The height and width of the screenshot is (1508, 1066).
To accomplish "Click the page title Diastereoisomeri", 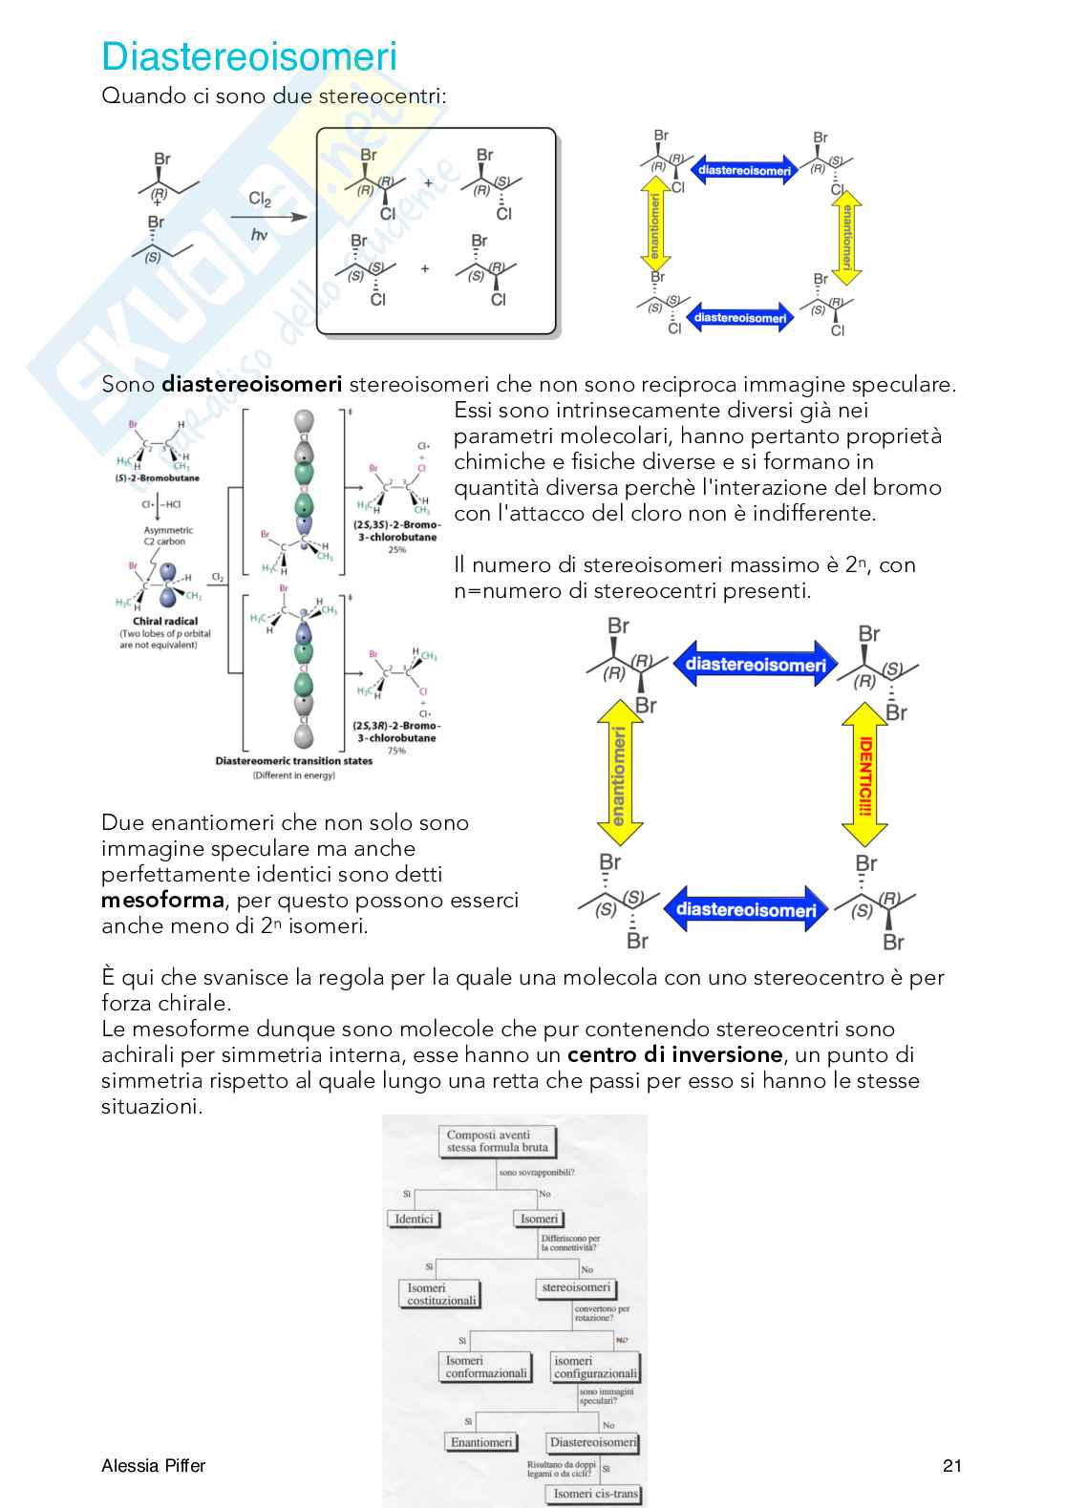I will pyautogui.click(x=249, y=57).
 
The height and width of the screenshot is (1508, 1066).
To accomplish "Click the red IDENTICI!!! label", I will pyautogui.click(x=865, y=775).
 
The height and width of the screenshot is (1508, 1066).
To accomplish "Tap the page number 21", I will pyautogui.click(x=951, y=1466).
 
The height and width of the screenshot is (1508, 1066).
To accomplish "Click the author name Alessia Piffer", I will pyautogui.click(x=154, y=1466).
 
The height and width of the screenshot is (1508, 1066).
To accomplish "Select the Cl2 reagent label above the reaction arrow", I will pyautogui.click(x=260, y=199).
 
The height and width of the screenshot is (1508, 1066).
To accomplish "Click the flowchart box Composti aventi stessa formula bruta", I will pyautogui.click(x=497, y=1141).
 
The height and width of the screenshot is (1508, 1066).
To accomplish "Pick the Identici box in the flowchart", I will pyautogui.click(x=414, y=1219).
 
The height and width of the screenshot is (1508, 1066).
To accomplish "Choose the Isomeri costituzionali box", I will pyautogui.click(x=440, y=1294).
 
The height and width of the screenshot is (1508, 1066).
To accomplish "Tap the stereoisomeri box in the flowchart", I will pyautogui.click(x=576, y=1287).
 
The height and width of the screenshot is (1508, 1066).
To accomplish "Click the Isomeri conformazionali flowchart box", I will pyautogui.click(x=485, y=1367).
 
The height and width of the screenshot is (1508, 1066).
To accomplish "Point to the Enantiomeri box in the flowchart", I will pyautogui.click(x=481, y=1442).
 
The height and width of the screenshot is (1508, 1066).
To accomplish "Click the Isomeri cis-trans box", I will pyautogui.click(x=595, y=1494).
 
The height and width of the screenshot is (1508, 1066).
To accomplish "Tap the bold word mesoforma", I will pyautogui.click(x=162, y=901).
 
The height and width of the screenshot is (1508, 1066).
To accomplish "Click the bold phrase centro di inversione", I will pyautogui.click(x=674, y=1055).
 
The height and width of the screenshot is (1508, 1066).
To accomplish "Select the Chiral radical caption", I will pyautogui.click(x=165, y=621).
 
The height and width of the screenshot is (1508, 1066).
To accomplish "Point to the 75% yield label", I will pyautogui.click(x=395, y=751).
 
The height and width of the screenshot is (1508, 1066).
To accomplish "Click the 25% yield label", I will pyautogui.click(x=396, y=549).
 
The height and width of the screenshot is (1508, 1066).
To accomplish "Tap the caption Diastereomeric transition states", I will pyautogui.click(x=293, y=761).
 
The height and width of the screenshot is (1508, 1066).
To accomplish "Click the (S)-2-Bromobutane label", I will pyautogui.click(x=157, y=478).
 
